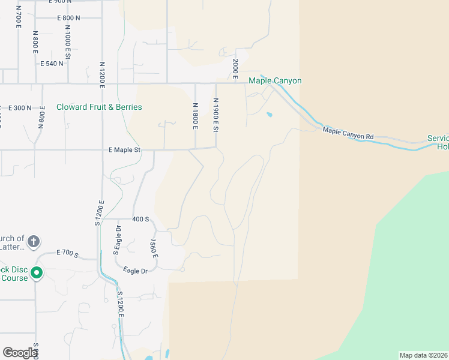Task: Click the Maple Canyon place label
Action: click(275, 81)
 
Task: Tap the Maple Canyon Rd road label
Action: click(348, 133)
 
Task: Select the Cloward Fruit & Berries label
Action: click(99, 107)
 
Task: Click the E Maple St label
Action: click(124, 150)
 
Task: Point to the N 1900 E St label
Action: click(216, 116)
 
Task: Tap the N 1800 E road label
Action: click(195, 116)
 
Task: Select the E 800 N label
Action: click(69, 18)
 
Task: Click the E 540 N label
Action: click(52, 64)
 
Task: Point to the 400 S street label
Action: click(140, 220)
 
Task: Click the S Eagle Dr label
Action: click(118, 239)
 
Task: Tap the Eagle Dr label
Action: click(135, 271)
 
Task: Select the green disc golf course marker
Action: click(37, 274)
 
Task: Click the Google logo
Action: click(20, 353)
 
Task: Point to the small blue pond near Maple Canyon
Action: click(269, 114)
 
